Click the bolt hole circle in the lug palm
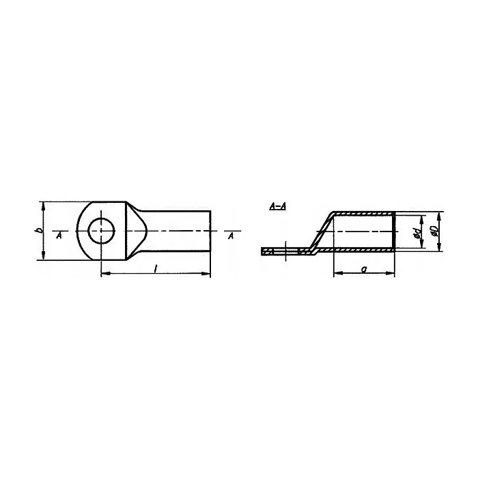pos(88,231)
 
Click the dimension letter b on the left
pos(40,231)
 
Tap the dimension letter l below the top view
pos(156,268)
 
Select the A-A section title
pos(278,207)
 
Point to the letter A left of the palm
pos(59,236)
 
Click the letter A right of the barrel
pos(231,236)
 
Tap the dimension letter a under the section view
pos(363,269)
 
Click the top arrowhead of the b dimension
pos(44,206)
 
